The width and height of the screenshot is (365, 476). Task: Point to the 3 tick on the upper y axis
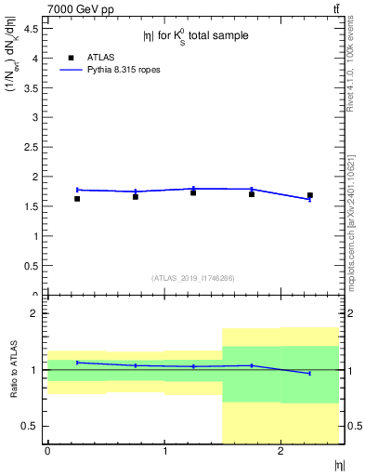pyautogui.click(x=34, y=117)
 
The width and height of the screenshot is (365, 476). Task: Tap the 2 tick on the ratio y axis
pyautogui.click(x=34, y=313)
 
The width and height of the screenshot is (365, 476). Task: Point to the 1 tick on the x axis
pyautogui.click(x=164, y=452)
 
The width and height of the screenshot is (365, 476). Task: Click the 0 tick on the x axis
pyautogui.click(x=47, y=452)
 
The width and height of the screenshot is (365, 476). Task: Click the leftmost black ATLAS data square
pyautogui.click(x=77, y=198)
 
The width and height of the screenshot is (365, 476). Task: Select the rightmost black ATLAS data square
pyautogui.click(x=310, y=195)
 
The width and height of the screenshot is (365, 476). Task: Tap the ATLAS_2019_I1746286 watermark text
pyautogui.click(x=193, y=278)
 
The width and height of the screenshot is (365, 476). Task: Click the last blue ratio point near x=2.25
pyautogui.click(x=310, y=373)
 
